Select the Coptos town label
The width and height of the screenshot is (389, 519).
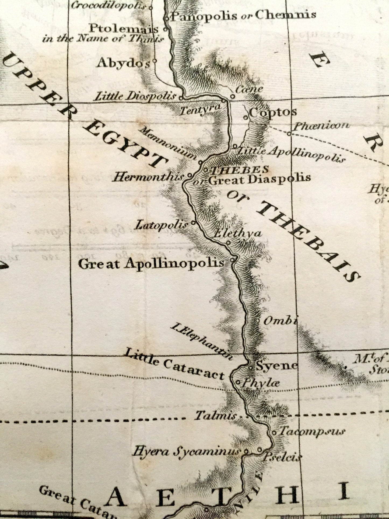click(x=273, y=112)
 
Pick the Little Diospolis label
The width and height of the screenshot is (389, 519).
click(x=135, y=96)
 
